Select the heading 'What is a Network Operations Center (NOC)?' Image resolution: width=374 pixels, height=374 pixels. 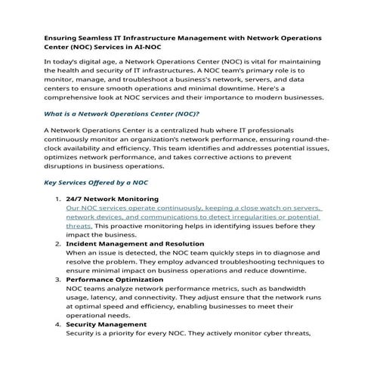120,113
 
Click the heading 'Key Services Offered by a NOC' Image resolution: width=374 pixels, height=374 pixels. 96,183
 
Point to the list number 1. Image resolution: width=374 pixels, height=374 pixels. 57,199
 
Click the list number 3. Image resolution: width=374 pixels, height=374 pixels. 57,279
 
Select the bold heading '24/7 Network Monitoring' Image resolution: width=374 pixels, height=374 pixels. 112,199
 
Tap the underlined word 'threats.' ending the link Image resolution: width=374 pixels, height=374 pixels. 79,226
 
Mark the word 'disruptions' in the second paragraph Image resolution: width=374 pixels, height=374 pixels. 69,166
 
